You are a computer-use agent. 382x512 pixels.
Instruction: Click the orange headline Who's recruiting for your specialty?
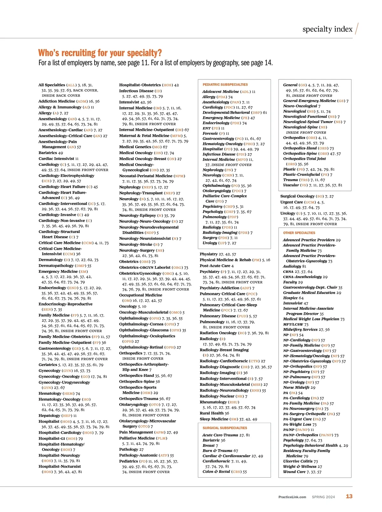(100, 53)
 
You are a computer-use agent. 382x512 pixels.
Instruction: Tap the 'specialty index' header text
(327, 29)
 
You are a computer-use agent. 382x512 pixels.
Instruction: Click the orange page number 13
(349, 496)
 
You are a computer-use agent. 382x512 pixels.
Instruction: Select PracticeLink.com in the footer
(292, 497)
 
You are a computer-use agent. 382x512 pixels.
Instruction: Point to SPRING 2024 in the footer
(323, 497)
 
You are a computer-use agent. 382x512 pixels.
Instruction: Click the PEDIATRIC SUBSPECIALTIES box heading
(225, 85)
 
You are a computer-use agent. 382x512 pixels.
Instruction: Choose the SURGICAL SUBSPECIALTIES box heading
(225, 428)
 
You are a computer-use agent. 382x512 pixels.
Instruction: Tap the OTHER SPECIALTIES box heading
(299, 233)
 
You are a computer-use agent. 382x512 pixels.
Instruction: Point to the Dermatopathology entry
(56, 266)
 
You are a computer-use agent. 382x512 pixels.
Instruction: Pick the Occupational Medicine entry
(140, 295)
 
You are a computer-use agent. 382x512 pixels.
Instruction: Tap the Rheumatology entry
(213, 402)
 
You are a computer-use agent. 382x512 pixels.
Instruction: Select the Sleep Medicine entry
(214, 419)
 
